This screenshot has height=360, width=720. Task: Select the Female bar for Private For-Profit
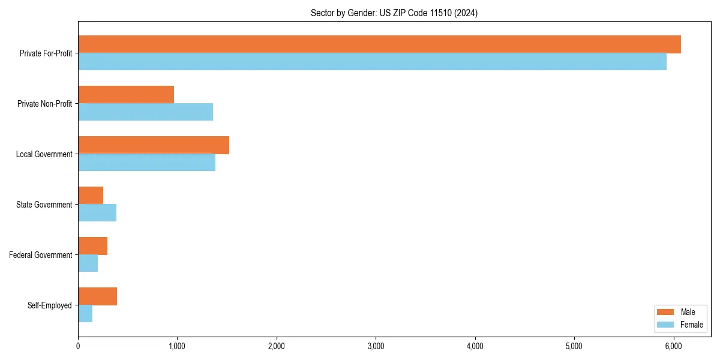pos(372,62)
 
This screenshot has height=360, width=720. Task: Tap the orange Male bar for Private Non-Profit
pos(126,95)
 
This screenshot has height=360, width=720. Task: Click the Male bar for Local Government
pos(154,145)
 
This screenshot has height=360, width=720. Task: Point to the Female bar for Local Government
pos(146,163)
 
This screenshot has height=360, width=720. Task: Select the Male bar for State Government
pos(91,196)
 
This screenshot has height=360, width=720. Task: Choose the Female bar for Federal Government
pos(88,263)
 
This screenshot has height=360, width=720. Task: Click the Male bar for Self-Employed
pos(97,296)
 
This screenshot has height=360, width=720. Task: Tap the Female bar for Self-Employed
pos(85,314)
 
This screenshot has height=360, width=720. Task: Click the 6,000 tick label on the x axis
pos(673,346)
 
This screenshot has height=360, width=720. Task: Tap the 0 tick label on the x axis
pos(78,346)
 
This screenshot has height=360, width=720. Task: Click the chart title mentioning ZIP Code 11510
pos(394,13)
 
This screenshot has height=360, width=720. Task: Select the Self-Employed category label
pos(50,305)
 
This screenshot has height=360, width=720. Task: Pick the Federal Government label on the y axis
pos(41,255)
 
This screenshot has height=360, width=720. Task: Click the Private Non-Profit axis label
pos(44,104)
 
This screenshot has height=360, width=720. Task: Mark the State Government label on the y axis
pos(44,205)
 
